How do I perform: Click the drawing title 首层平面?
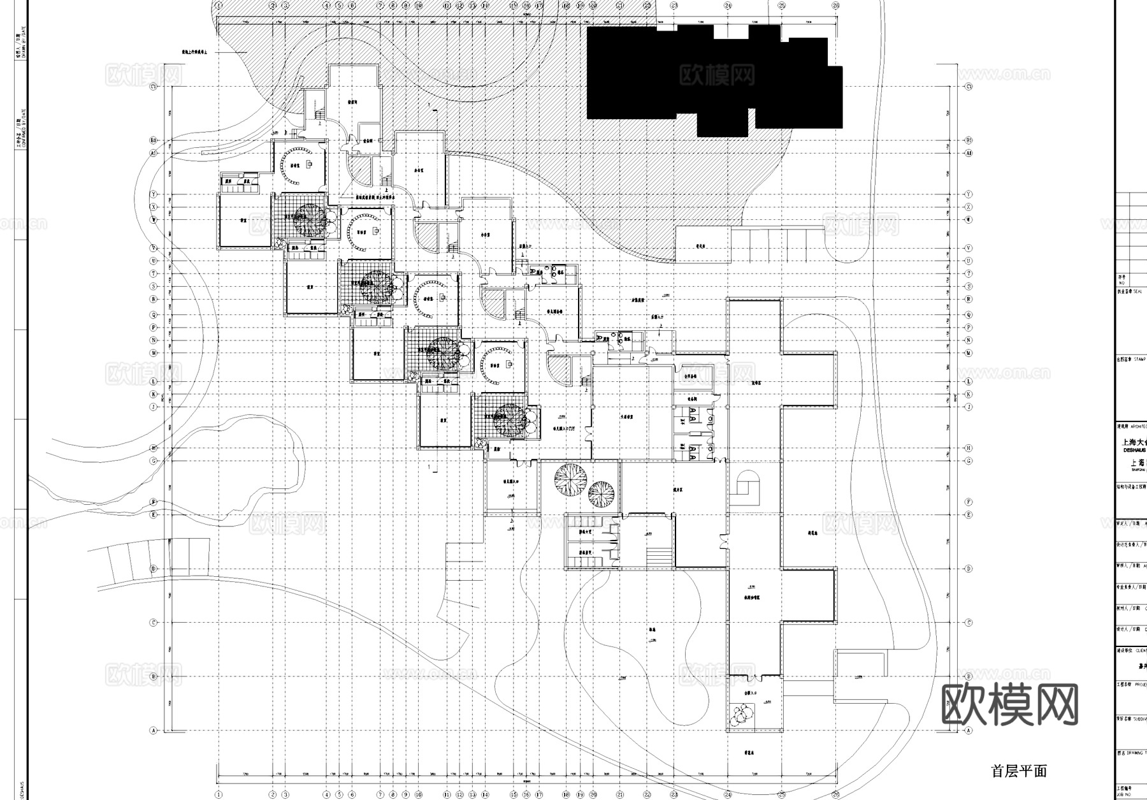1019,771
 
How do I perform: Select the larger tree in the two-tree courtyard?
570,476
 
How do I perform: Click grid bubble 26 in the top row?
835,5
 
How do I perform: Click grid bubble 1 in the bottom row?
218,794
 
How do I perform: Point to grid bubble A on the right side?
969,731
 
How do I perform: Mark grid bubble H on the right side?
969,448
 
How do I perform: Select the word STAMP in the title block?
1141,359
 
